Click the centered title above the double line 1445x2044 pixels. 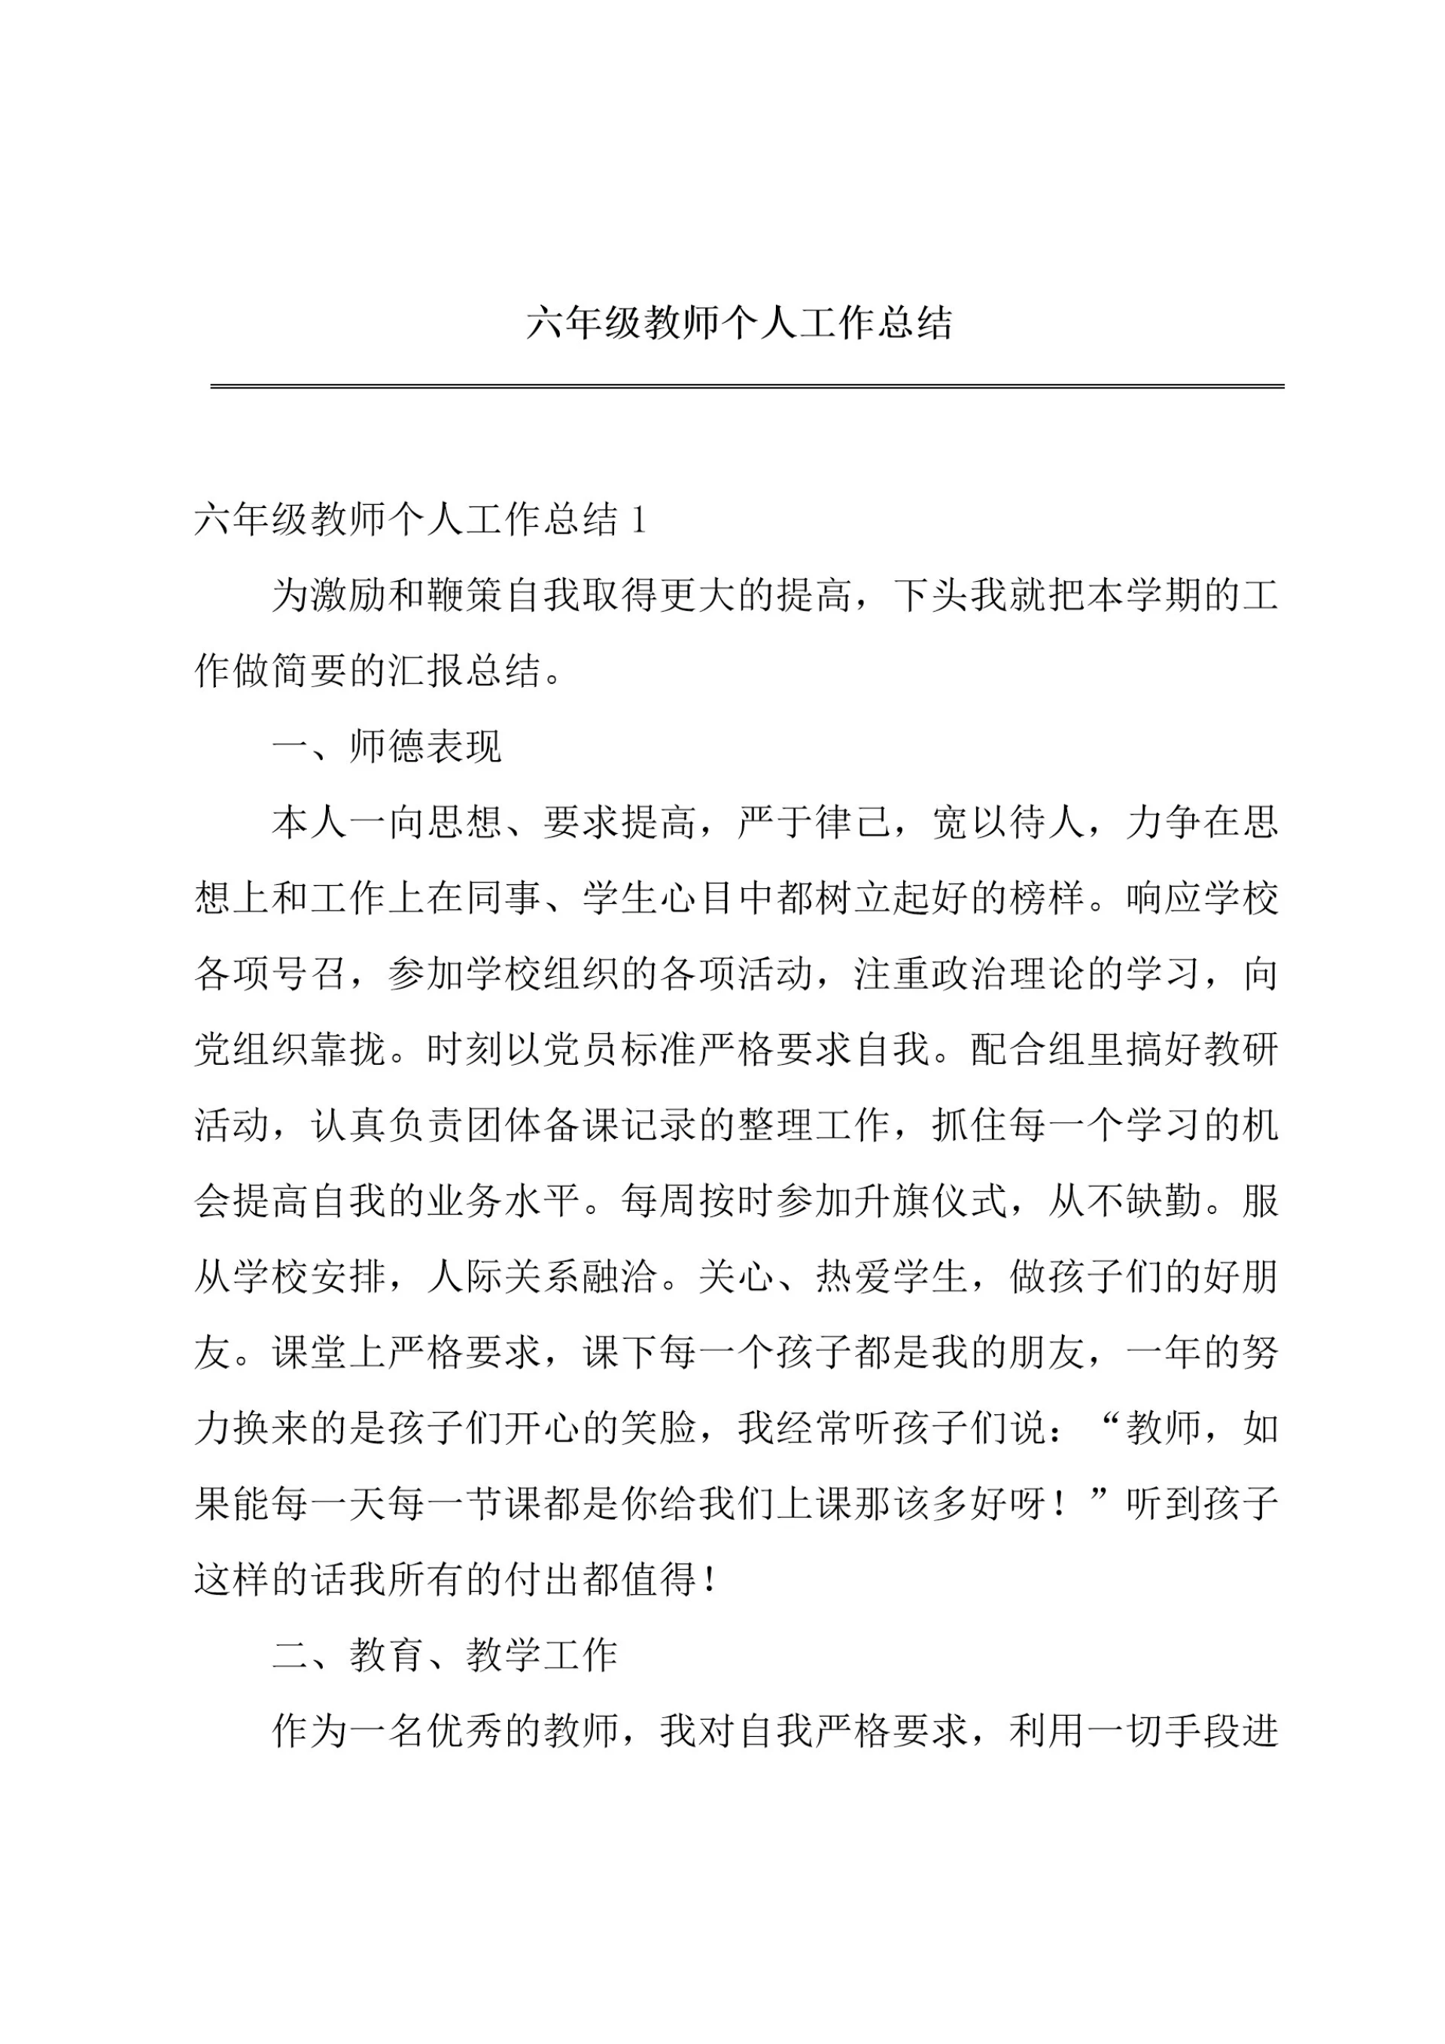739,322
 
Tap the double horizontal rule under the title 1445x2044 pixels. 746,386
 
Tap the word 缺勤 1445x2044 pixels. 1164,1201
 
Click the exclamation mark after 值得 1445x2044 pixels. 710,1580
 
